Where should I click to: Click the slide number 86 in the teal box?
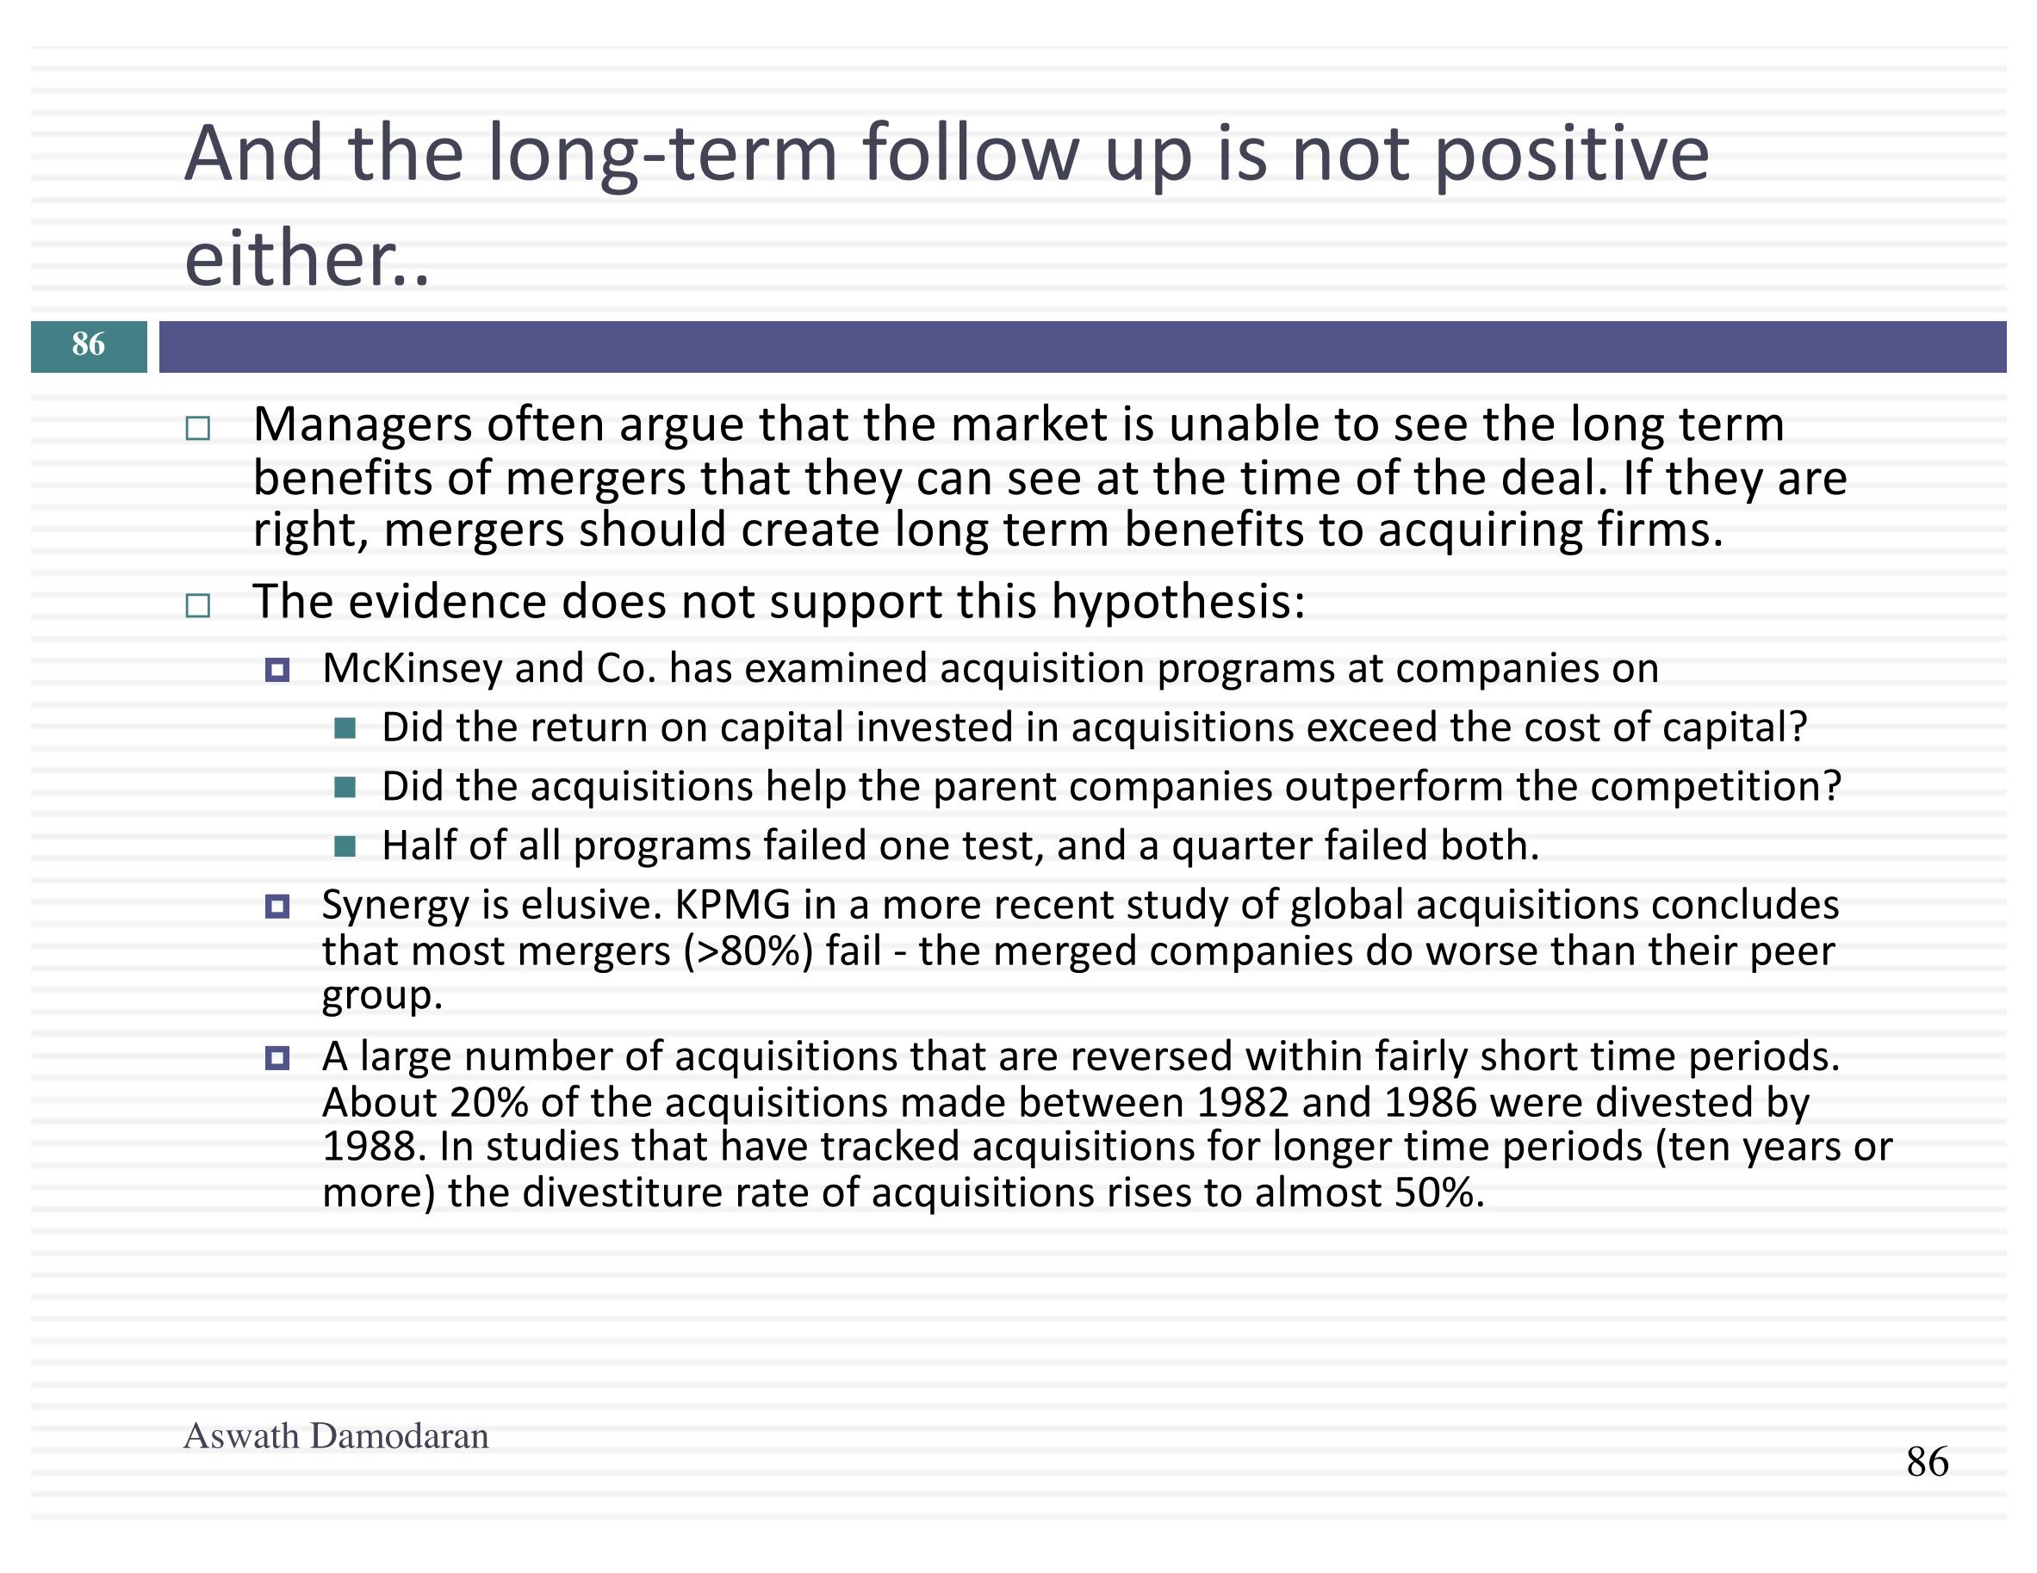[x=89, y=344]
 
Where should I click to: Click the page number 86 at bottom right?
[x=1927, y=1461]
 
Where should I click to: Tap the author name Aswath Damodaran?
[x=336, y=1436]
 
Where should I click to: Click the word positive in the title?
[x=1571, y=155]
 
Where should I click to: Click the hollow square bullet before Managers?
[x=198, y=429]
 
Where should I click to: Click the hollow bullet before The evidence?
[x=198, y=606]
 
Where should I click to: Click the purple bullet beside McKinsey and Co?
[x=277, y=670]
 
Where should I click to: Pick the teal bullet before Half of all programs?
[x=345, y=846]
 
